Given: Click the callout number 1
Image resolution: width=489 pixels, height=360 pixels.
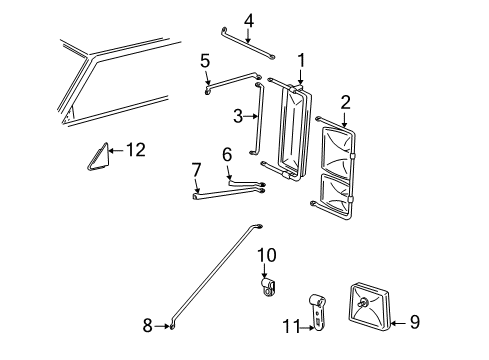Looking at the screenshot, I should [x=299, y=59].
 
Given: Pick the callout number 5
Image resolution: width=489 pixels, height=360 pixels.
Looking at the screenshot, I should [x=205, y=61].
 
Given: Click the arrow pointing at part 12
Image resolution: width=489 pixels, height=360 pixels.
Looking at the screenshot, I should [x=115, y=150].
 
